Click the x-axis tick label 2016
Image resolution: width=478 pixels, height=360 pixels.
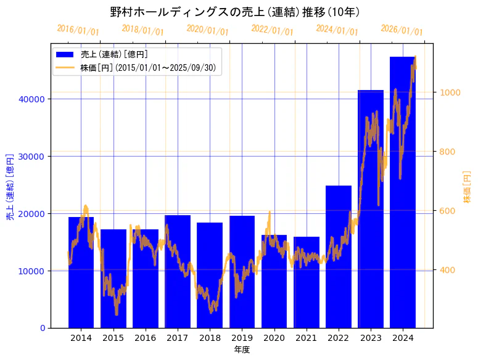(x=146, y=338)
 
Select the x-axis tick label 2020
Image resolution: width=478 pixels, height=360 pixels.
(x=274, y=338)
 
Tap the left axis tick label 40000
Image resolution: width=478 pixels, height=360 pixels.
(x=31, y=99)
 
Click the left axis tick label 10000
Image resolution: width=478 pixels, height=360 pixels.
(x=31, y=271)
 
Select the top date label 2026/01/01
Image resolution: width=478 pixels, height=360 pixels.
(x=402, y=30)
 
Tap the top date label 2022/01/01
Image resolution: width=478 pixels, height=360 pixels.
(x=272, y=30)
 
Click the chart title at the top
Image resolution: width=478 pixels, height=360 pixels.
(x=235, y=12)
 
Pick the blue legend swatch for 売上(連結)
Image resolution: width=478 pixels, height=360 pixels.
(x=65, y=54)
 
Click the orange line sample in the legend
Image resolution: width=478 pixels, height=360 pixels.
(x=65, y=67)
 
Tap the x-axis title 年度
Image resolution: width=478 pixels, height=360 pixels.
(x=242, y=350)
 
